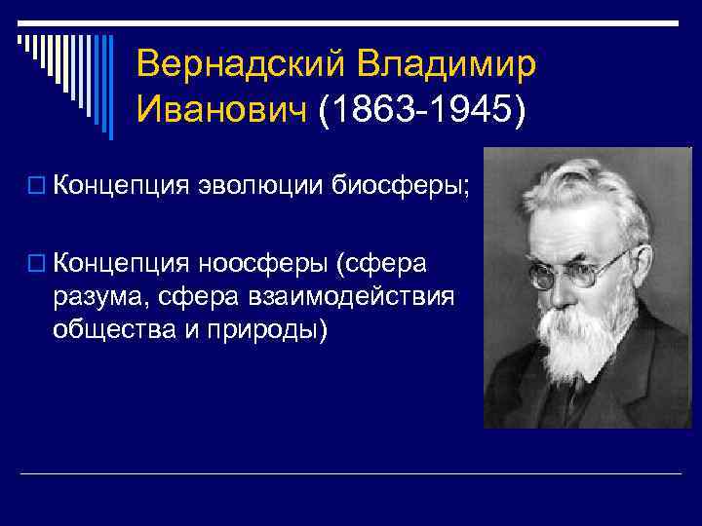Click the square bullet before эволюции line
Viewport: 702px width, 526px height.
tap(36, 186)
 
